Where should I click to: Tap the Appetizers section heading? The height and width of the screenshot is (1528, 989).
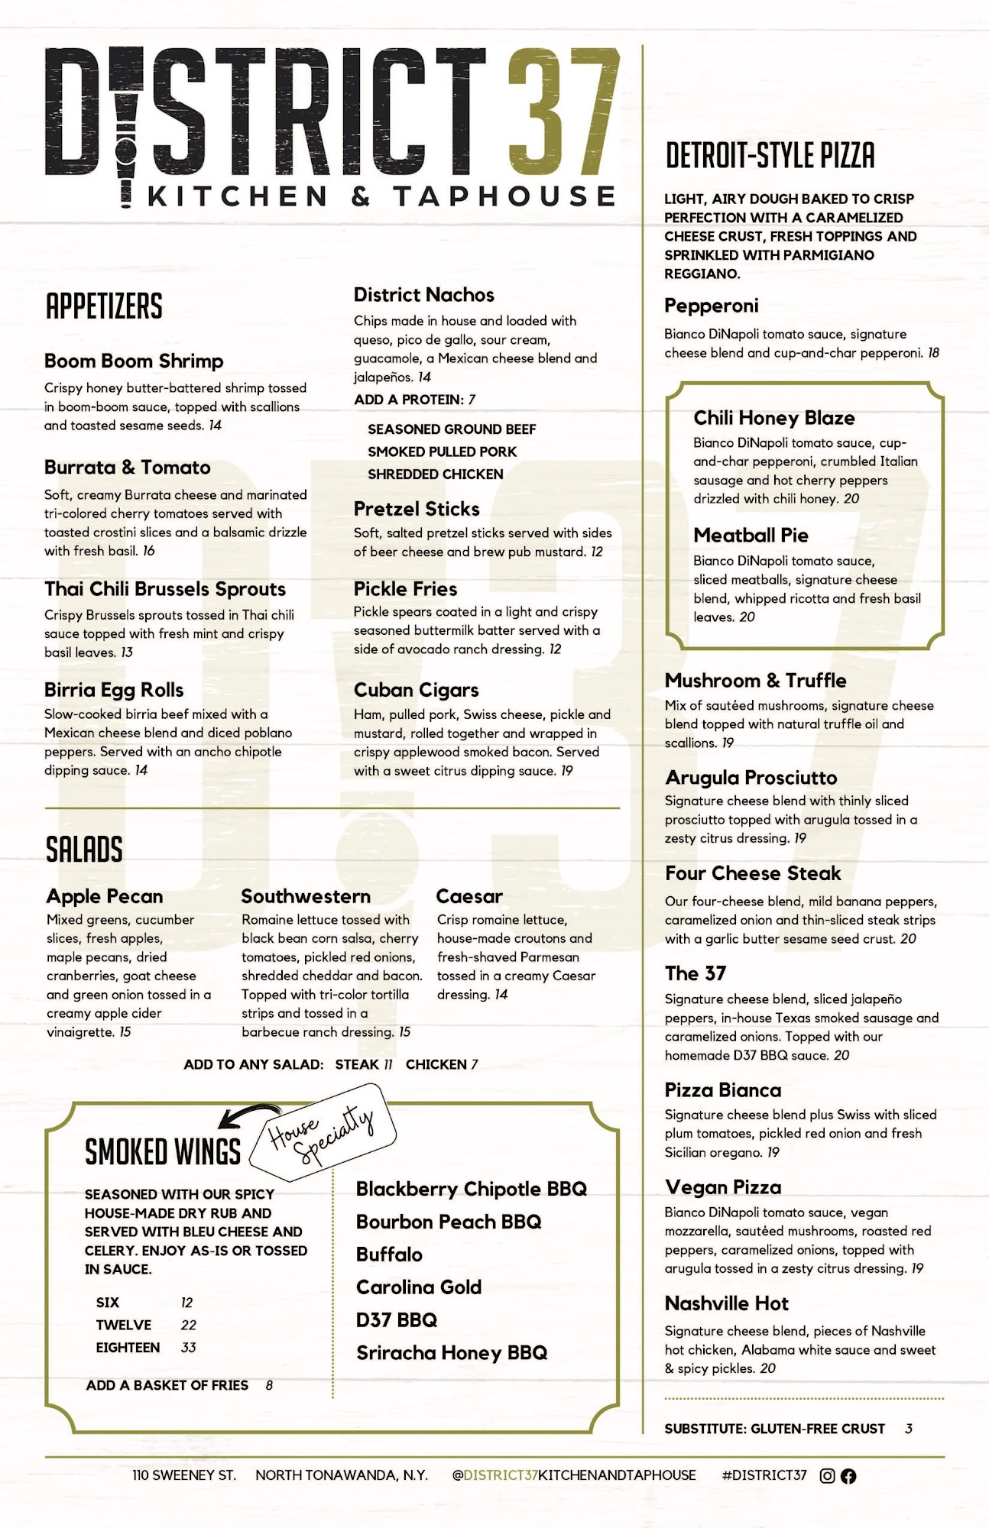point(104,306)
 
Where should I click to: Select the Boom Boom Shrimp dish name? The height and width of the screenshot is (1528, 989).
point(134,361)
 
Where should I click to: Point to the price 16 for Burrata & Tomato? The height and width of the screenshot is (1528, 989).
point(148,551)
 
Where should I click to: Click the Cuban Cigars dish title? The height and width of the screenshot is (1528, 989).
point(416,690)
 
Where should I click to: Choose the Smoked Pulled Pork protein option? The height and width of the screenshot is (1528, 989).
point(442,452)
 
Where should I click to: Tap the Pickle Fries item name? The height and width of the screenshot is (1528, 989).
point(405,589)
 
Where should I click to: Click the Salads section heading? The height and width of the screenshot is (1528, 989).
point(84,850)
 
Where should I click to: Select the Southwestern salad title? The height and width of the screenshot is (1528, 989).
point(306,896)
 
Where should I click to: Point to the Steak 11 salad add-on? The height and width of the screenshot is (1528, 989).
point(364,1064)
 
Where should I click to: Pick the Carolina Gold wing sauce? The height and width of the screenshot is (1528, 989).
point(419,1287)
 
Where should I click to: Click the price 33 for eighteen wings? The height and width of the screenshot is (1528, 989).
point(189,1348)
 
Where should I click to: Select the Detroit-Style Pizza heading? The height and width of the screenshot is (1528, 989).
point(770,155)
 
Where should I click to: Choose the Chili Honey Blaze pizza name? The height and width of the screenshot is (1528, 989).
point(773,418)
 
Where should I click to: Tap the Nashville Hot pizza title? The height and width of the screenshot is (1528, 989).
point(726,1303)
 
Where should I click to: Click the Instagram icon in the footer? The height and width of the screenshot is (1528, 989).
point(827,1476)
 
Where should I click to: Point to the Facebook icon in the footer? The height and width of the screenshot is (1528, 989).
point(848,1476)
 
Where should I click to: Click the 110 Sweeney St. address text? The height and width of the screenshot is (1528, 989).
point(183,1475)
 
